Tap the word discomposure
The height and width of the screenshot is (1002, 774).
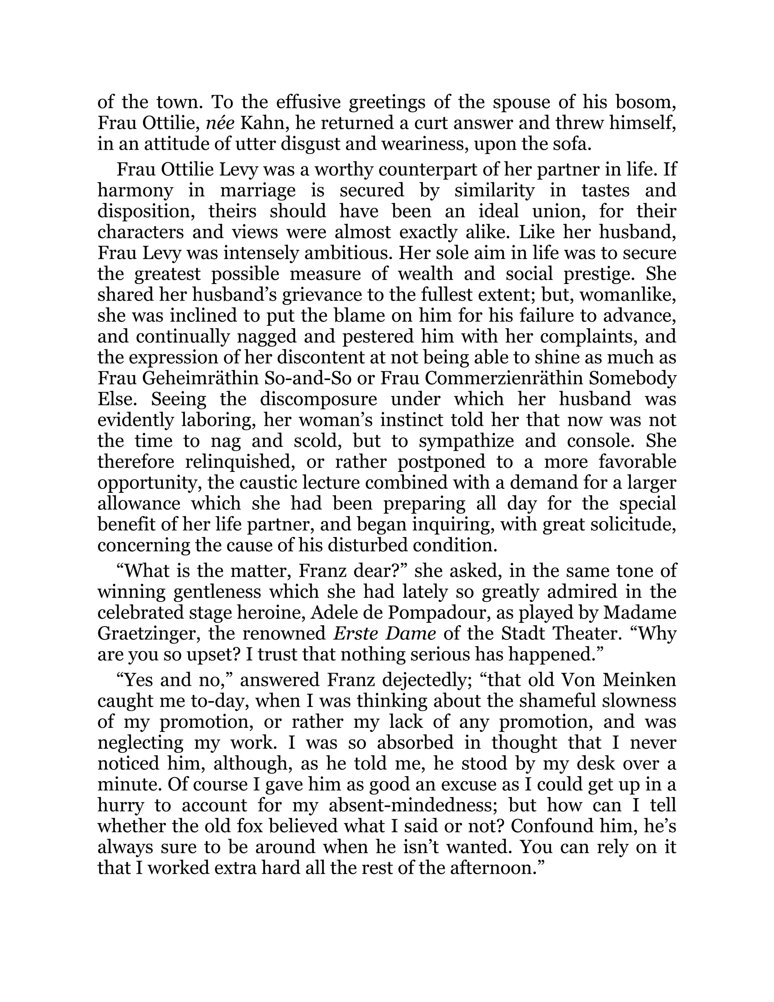(318, 399)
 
